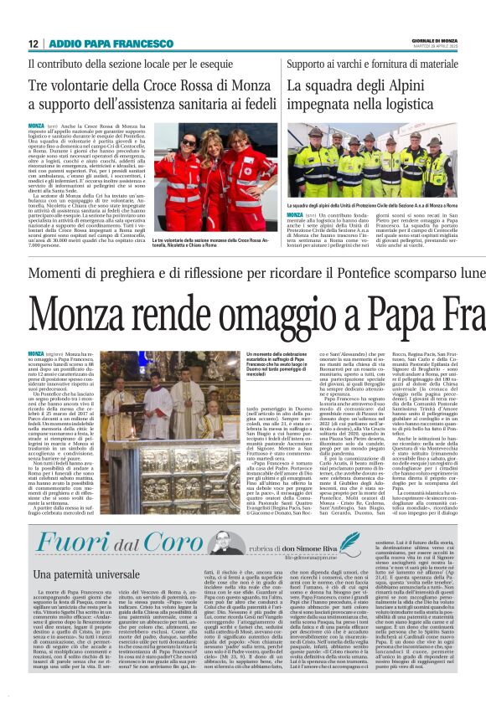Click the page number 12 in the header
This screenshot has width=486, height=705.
tap(33, 44)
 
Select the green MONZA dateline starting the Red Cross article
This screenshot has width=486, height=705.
tap(35, 124)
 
